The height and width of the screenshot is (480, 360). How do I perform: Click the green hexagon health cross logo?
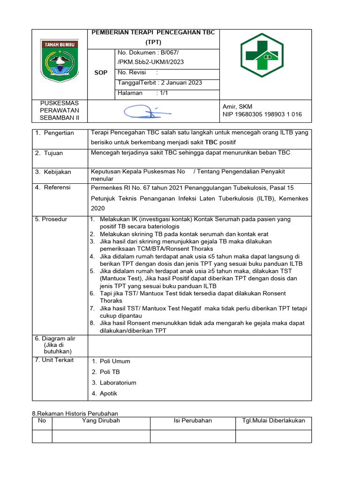[262, 55]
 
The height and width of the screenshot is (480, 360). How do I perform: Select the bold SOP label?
[101, 73]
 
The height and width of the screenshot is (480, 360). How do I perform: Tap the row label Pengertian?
[59, 133]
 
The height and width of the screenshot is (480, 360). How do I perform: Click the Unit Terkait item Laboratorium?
[118, 382]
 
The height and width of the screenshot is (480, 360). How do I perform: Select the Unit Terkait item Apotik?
[108, 393]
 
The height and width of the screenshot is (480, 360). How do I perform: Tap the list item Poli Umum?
[115, 361]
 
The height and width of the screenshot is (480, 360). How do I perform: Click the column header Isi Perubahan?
[193, 420]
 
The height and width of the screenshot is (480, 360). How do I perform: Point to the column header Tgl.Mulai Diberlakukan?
[273, 420]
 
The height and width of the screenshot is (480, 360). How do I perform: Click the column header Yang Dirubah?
[101, 420]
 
